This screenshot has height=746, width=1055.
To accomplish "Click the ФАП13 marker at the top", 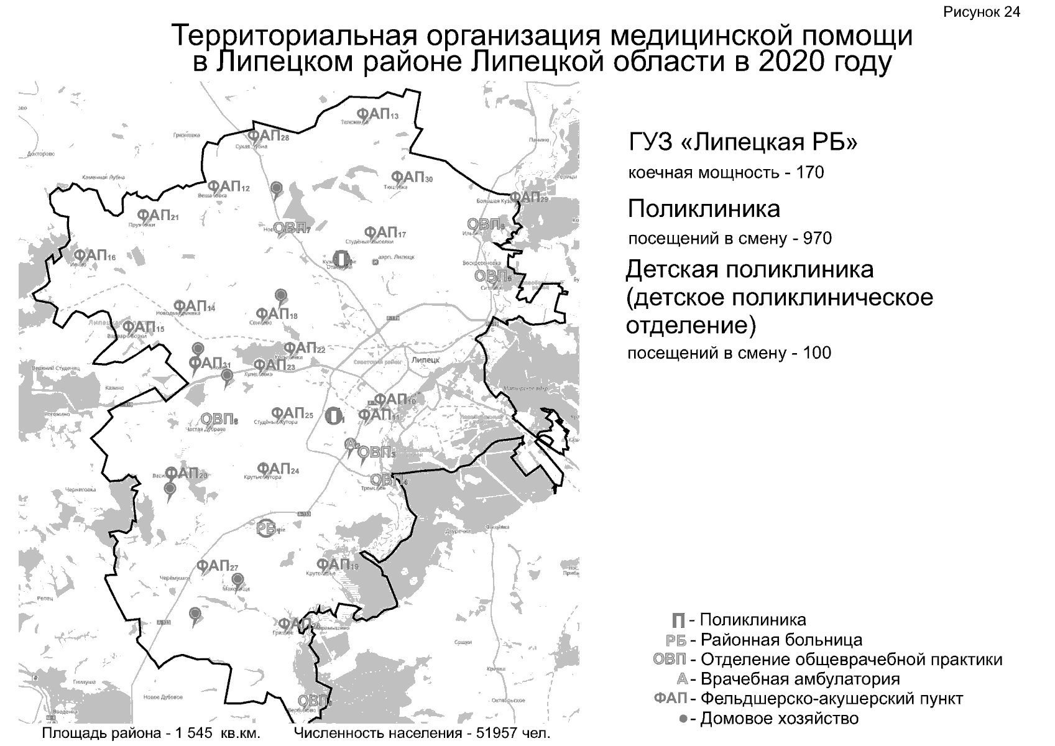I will coord(377,113).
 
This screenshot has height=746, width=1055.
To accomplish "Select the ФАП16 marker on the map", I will coord(94,255).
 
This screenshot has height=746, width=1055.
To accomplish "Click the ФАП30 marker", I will coord(412,177).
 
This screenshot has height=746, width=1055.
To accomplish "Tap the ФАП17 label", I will coord(384,233).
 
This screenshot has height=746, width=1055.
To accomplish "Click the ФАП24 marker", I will coord(277,468).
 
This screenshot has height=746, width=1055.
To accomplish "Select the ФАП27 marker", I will coord(217,566).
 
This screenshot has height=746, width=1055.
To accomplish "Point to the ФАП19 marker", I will coord(337,564).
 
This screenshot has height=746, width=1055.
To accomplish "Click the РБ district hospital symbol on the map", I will coord(267,528).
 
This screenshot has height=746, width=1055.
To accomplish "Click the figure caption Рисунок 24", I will coord(982,12).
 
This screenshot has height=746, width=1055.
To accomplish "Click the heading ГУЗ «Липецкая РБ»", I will coord(743,143).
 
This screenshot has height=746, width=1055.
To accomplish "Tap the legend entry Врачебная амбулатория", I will coord(800,679).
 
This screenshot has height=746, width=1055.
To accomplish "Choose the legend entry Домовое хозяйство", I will coord(779,719).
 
